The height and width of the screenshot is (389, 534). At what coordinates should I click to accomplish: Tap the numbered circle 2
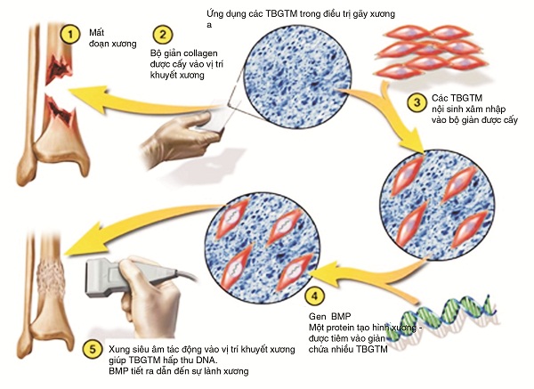(x=161, y=36)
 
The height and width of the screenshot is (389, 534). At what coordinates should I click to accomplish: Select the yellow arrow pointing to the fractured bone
(x=133, y=85)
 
